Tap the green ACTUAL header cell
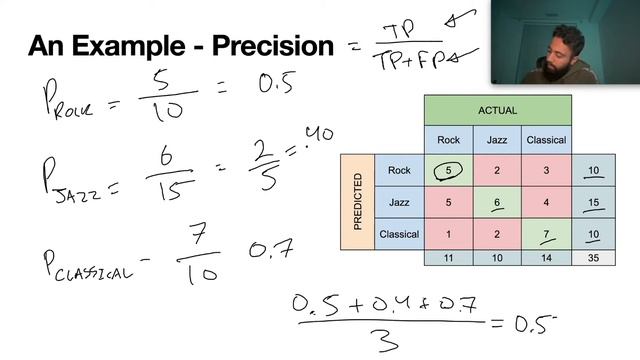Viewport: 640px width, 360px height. coord(497,109)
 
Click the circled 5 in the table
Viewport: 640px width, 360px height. coord(448,171)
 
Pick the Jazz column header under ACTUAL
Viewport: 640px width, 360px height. coord(497,140)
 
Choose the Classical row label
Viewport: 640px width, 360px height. coord(399,235)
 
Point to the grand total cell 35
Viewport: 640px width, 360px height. coord(593,258)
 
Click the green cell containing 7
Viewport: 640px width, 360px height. coord(546,235)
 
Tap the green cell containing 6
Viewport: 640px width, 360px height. coord(497,203)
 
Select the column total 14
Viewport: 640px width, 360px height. coord(546,258)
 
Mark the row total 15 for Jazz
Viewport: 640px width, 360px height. coord(593,203)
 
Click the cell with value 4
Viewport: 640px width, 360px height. coord(546,203)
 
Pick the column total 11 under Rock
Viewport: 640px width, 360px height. coord(448,258)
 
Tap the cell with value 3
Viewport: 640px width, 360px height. coord(546,171)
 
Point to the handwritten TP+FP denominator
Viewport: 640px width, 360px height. coord(418,61)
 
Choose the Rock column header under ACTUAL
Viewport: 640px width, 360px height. coord(448,140)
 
